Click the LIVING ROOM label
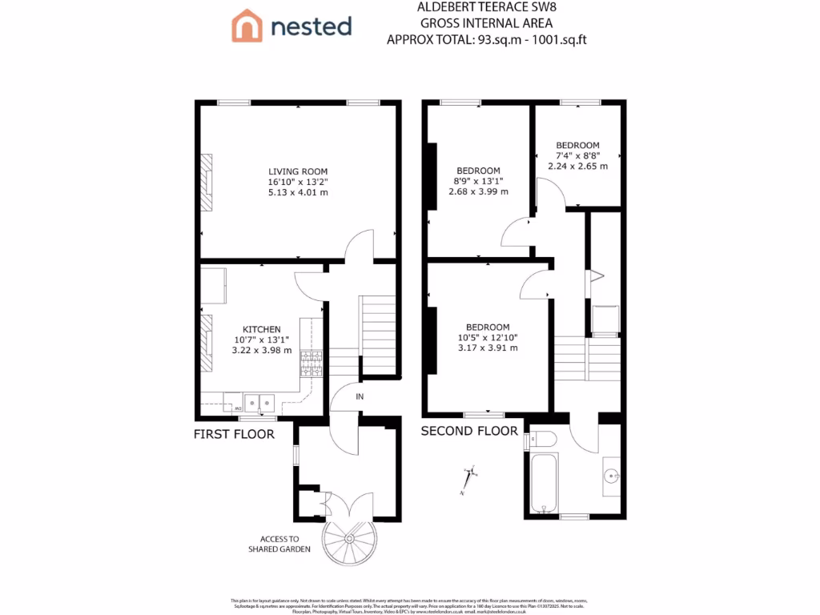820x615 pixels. [298, 171]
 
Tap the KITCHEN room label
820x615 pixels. [262, 329]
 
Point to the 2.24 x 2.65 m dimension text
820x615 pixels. [577, 167]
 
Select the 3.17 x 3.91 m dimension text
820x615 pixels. [488, 348]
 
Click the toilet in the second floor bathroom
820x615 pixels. [542, 440]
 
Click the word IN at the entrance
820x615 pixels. [360, 396]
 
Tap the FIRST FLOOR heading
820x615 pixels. [234, 435]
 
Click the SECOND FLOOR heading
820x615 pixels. [470, 431]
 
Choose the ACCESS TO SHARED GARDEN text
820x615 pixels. [279, 545]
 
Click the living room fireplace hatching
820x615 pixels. [207, 183]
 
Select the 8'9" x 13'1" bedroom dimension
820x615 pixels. [479, 181]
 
